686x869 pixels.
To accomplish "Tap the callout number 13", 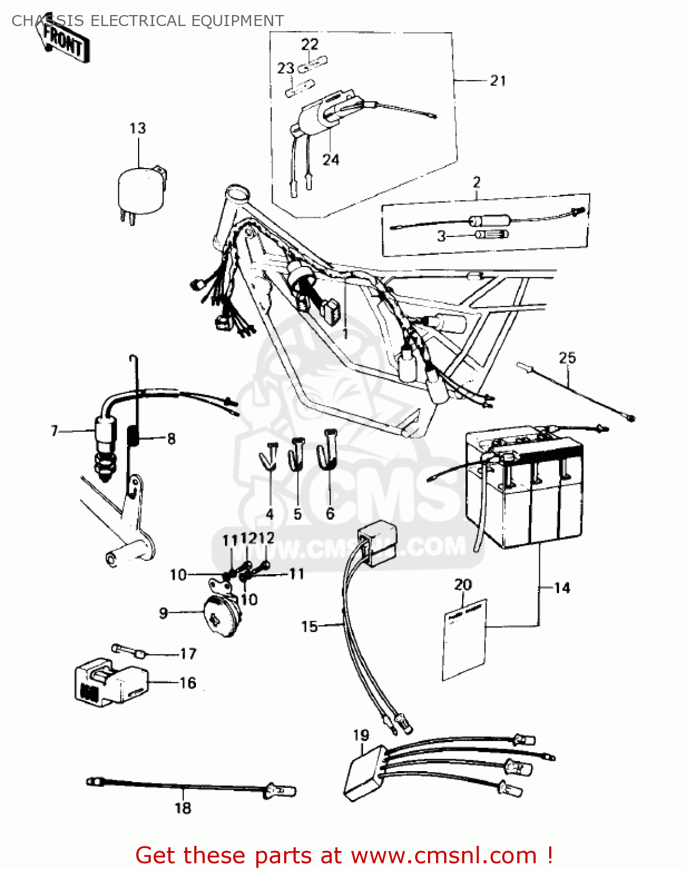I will [137, 129].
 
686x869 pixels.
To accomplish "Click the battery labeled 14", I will [525, 492].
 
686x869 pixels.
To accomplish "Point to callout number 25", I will [567, 358].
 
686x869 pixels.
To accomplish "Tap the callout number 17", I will [188, 653].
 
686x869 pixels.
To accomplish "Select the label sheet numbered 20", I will [464, 640].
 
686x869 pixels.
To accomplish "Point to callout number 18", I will [183, 808].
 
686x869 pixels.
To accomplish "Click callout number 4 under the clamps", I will [270, 514].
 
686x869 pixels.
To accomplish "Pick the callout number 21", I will [498, 81].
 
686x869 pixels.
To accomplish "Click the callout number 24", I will [331, 159].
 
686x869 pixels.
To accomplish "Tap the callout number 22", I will [310, 44].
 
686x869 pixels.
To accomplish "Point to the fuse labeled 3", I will [491, 234].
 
